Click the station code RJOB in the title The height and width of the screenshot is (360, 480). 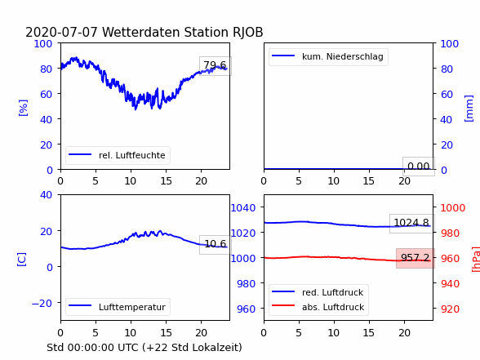[247, 33]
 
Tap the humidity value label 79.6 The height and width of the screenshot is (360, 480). [215, 65]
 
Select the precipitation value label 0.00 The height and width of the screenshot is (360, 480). [419, 167]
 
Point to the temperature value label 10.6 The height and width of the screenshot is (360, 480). [216, 243]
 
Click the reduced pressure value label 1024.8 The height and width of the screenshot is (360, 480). [411, 223]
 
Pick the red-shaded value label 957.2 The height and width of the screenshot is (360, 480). [415, 258]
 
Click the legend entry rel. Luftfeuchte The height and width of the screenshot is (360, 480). [132, 155]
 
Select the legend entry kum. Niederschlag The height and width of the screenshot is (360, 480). [343, 56]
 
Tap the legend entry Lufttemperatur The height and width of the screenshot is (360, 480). [132, 307]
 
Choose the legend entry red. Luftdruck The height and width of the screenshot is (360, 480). [333, 292]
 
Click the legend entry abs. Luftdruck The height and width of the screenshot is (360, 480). [333, 307]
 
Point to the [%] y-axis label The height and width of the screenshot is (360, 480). [23, 108]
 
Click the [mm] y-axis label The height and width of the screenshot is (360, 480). [469, 109]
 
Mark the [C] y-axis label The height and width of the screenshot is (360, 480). [22, 260]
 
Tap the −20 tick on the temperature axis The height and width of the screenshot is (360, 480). [42, 303]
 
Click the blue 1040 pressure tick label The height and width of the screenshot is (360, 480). [243, 208]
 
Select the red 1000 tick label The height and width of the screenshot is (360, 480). [453, 208]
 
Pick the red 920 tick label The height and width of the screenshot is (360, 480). [450, 309]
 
